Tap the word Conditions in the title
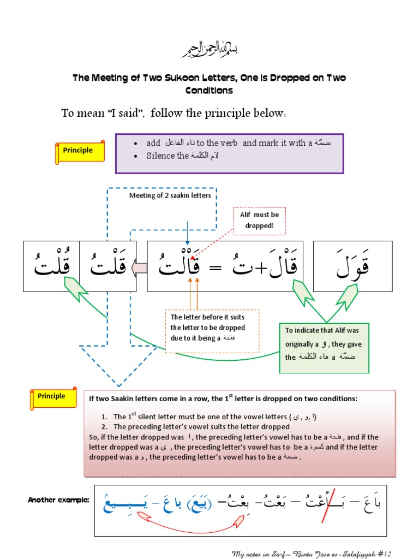(209, 90)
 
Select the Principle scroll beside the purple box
(80, 151)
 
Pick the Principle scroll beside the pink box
(52, 397)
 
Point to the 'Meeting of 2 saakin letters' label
(170, 195)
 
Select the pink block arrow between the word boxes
(139, 267)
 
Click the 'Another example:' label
(58, 500)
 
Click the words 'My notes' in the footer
(246, 554)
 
